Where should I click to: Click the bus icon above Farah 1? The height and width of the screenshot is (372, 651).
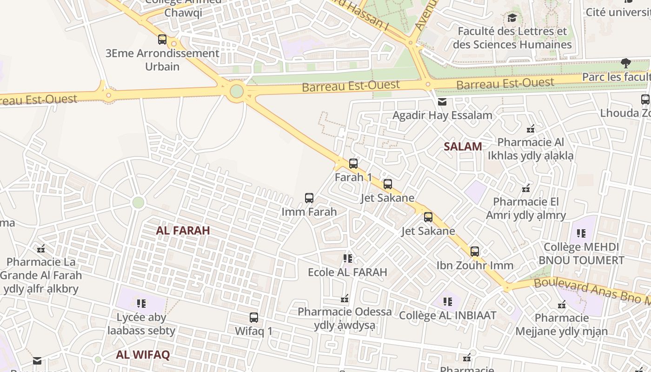tap(353, 163)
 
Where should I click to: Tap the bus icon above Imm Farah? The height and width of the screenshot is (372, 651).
tap(309, 198)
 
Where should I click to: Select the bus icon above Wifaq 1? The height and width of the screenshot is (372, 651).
tap(253, 318)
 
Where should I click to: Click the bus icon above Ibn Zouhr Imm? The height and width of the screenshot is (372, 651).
tap(474, 252)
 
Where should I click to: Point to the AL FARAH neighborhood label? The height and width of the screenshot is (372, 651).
tap(183, 230)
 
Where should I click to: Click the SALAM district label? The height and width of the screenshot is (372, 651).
tap(463, 146)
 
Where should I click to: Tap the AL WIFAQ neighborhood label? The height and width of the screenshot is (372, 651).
tap(143, 355)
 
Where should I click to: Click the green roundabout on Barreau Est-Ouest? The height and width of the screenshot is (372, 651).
tap(237, 91)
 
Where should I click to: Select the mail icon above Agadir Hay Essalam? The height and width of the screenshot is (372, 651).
tap(442, 101)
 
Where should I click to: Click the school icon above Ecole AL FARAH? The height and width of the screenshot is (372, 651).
tap(347, 258)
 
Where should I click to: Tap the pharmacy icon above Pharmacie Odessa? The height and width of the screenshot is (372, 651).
tap(345, 298)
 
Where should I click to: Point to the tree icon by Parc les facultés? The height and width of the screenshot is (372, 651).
tap(625, 63)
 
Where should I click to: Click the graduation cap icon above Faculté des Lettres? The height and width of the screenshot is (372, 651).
tap(512, 18)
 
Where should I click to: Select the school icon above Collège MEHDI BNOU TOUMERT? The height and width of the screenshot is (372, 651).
tap(581, 233)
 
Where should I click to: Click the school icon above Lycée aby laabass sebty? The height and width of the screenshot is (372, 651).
tap(141, 304)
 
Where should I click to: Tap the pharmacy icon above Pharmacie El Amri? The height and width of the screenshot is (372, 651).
tap(526, 188)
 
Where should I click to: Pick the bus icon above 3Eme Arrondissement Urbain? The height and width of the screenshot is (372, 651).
tap(162, 40)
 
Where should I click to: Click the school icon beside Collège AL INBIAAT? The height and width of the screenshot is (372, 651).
tap(447, 302)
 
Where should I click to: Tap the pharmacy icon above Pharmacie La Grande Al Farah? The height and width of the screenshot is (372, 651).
tap(41, 248)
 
